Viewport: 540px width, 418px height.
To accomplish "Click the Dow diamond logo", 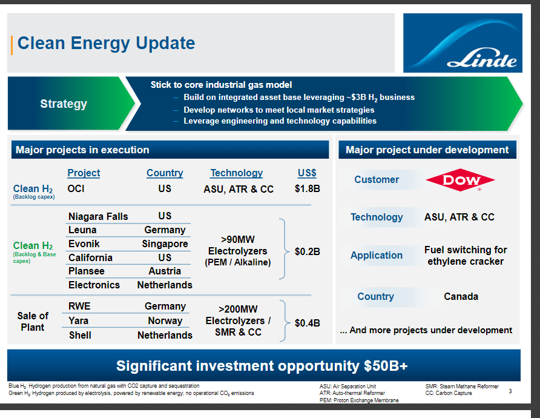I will click(460, 180).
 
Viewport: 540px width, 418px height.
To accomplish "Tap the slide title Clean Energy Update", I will click(107, 44).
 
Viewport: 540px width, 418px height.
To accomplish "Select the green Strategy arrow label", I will click(64, 104).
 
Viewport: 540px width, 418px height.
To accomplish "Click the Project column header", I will click(84, 173).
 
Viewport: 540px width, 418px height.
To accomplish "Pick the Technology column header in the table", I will click(237, 173).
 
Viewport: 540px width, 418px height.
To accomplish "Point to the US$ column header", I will click(307, 173).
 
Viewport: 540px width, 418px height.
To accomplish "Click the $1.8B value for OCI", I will click(307, 189).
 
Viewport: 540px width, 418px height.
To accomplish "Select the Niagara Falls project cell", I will click(98, 216).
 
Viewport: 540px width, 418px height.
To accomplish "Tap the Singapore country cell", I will click(165, 244).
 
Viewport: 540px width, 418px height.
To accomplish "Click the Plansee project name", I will click(87, 271).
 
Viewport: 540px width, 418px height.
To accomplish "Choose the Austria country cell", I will click(165, 271).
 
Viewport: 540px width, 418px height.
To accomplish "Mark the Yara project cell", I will click(79, 321).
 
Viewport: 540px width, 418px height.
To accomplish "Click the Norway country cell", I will click(165, 321).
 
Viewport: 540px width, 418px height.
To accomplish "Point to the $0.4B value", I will click(307, 323).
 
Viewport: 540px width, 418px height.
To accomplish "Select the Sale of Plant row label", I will click(33, 322).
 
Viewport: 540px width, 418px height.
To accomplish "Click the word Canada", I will click(461, 297).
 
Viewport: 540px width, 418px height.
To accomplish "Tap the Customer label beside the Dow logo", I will click(377, 180).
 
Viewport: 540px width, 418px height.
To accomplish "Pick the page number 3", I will click(510, 391).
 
